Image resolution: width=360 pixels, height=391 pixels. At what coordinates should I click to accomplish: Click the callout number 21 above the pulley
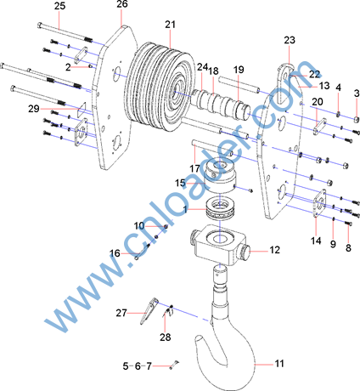(171, 25)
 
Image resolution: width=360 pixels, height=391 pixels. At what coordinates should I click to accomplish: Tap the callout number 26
(122, 4)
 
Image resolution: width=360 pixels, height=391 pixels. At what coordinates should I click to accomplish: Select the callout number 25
(59, 6)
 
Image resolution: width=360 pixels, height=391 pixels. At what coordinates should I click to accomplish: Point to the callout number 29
(34, 109)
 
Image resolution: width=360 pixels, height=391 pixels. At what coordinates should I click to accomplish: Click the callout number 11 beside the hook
(279, 363)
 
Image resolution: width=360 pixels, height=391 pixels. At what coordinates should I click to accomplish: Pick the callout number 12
(274, 250)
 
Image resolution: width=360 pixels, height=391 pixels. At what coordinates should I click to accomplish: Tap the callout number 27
(121, 313)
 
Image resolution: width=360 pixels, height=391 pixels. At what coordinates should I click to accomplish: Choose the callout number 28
(166, 337)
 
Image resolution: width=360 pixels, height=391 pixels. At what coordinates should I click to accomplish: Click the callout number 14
(316, 241)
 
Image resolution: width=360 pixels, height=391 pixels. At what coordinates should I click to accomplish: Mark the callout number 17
(194, 168)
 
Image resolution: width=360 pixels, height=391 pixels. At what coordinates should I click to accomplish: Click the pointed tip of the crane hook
(197, 337)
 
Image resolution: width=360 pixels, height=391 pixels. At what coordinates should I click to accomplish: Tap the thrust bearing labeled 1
(221, 208)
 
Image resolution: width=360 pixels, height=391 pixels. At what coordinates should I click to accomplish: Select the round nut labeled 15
(221, 175)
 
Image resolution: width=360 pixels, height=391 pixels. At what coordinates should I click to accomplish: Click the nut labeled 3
(357, 119)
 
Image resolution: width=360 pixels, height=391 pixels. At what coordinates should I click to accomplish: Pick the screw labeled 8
(349, 224)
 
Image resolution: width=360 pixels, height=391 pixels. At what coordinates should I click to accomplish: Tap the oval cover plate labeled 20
(319, 127)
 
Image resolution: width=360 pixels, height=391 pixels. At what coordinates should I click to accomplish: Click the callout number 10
(139, 226)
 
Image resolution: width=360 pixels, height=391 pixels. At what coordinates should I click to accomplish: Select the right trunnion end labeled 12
(245, 251)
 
